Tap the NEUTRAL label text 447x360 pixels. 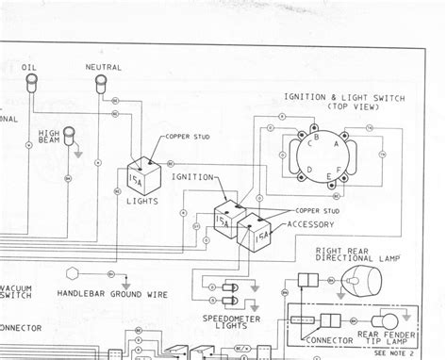pos(102,68)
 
